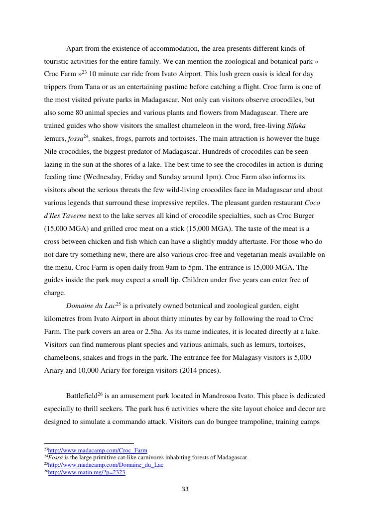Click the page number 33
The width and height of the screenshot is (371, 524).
(x=185, y=489)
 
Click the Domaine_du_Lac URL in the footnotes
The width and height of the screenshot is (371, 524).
(x=106, y=465)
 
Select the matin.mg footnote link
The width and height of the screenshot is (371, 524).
(x=87, y=472)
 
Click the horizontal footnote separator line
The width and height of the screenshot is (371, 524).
(x=89, y=443)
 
